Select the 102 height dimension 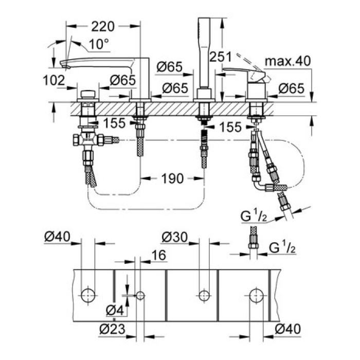tap(55, 80)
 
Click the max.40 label tap(288, 61)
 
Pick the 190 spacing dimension tap(172, 178)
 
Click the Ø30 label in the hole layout tap(174, 238)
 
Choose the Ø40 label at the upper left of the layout tap(57, 238)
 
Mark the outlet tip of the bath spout tap(65, 65)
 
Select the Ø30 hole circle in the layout tap(204, 295)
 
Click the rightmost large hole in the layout tap(256, 295)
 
